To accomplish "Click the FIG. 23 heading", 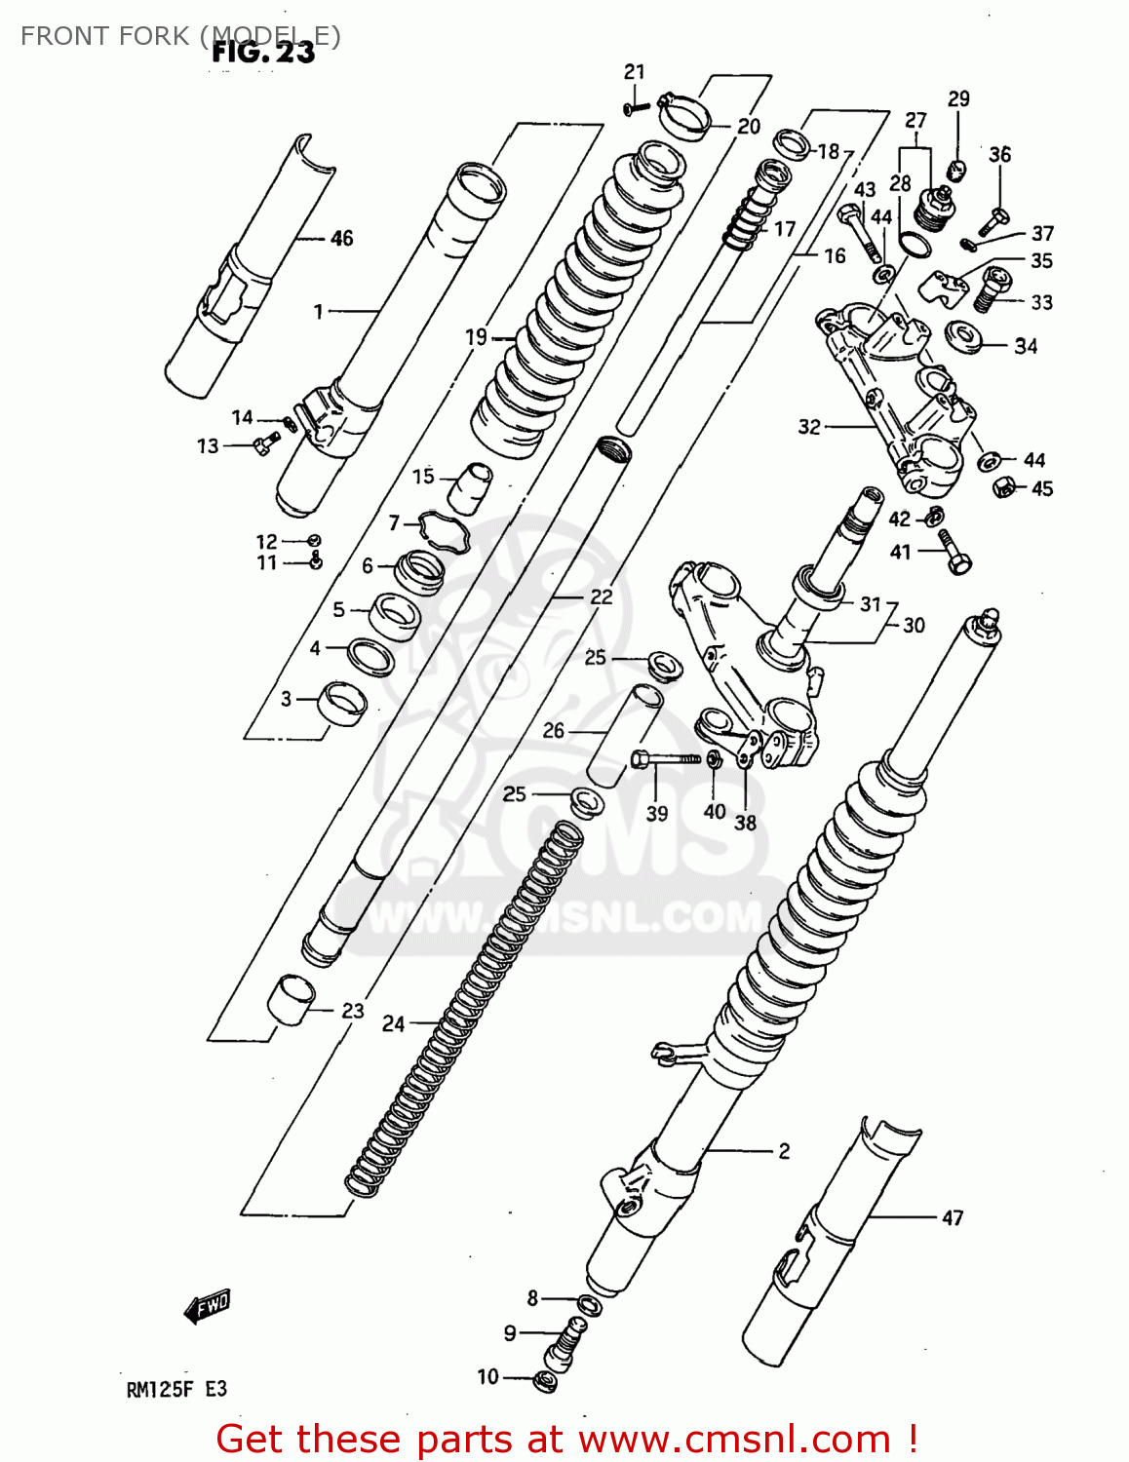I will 263,52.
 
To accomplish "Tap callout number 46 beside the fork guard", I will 341,238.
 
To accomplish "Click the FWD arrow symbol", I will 208,1306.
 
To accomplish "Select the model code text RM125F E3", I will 176,1390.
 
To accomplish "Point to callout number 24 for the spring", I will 393,1023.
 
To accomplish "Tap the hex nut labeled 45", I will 1004,486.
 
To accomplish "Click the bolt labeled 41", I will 953,553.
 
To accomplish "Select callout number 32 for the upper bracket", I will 809,427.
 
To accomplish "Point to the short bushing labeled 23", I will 292,1000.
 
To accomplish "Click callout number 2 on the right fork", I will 784,1151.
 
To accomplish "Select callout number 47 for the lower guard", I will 952,1217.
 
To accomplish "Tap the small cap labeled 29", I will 956,173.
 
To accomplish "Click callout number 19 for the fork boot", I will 476,337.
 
